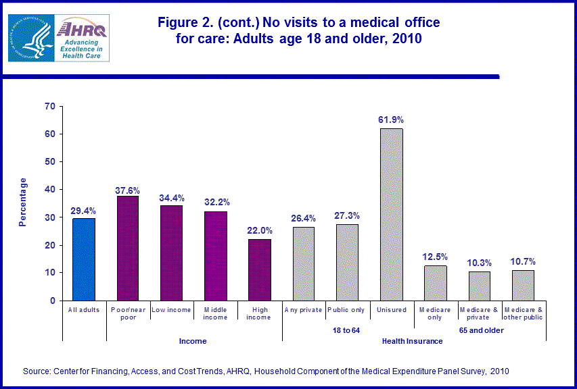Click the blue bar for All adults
[84, 259]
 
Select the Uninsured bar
[391, 214]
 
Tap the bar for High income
[259, 269]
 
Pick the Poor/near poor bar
[128, 248]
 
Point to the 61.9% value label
[391, 120]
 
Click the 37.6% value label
[128, 187]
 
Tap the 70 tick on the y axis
[49, 106]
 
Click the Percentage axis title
[23, 201]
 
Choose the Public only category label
[347, 310]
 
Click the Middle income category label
[215, 313]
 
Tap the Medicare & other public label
[523, 313]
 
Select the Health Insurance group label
[412, 341]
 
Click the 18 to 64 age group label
[347, 330]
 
